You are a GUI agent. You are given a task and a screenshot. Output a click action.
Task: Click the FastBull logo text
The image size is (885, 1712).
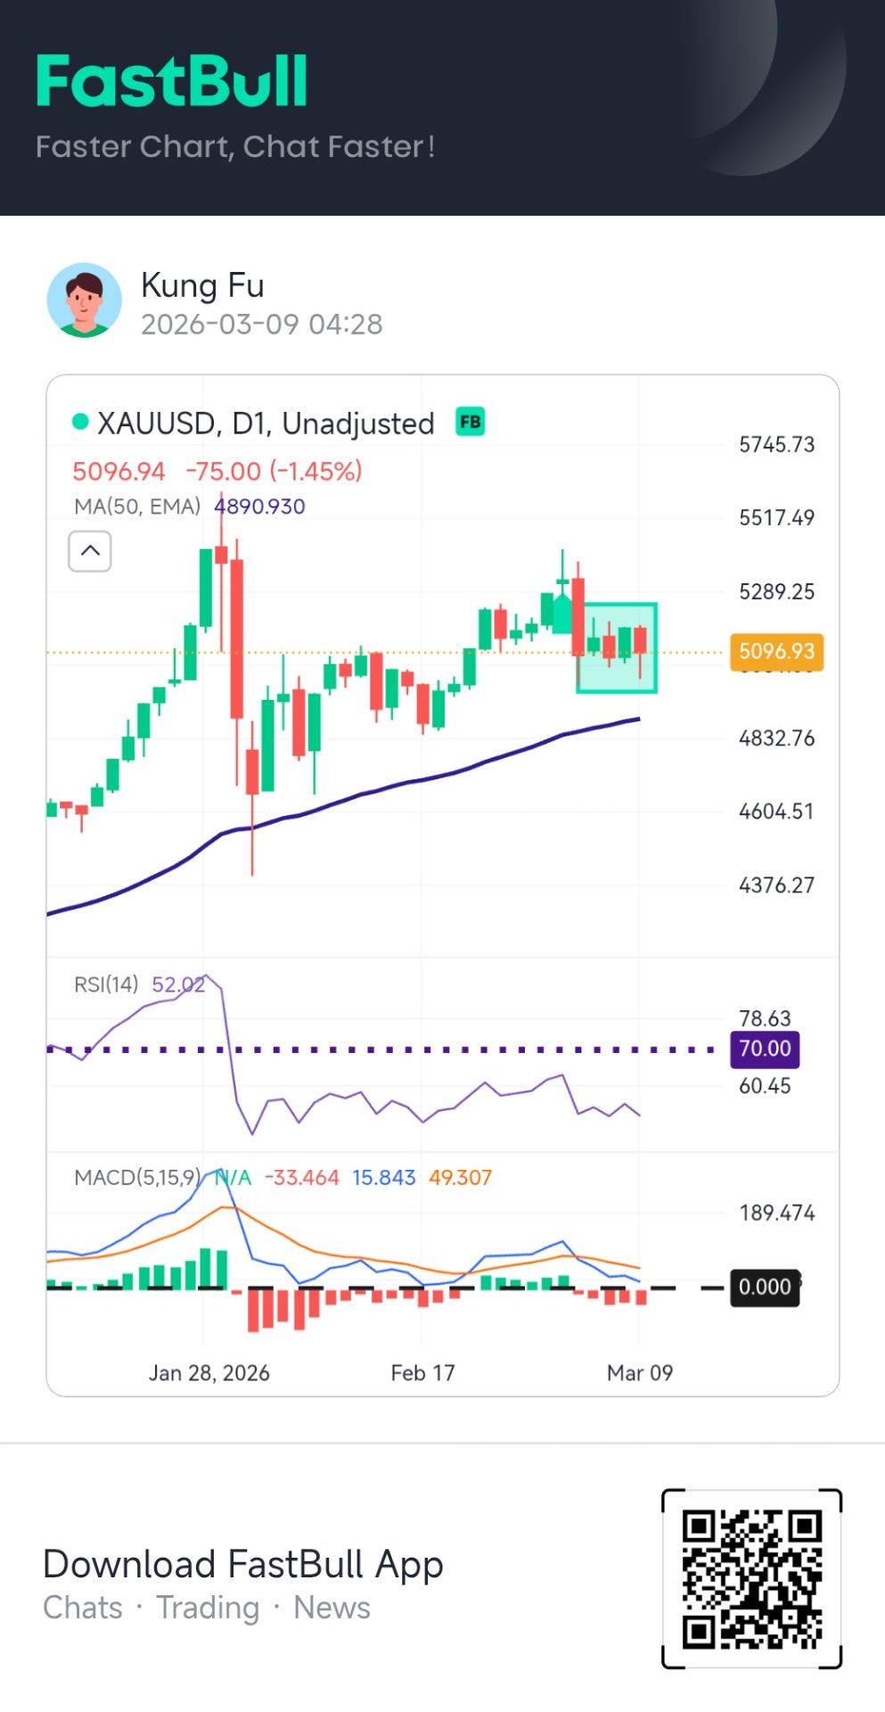point(172,81)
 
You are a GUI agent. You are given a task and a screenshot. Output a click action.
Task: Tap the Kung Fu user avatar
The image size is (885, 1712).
point(84,300)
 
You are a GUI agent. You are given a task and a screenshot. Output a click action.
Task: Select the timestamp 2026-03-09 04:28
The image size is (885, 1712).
point(261,324)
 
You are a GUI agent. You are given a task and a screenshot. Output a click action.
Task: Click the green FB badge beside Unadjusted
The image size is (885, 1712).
point(470,421)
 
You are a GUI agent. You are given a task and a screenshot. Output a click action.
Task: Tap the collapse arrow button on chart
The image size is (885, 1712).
point(90,551)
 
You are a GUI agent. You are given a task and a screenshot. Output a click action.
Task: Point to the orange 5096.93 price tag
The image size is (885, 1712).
point(776,652)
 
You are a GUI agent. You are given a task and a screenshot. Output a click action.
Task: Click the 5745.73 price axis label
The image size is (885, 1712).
point(776,444)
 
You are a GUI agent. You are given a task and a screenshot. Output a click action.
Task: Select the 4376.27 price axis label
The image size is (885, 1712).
point(776,885)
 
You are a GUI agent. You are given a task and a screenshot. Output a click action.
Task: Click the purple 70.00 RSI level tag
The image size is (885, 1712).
point(765,1049)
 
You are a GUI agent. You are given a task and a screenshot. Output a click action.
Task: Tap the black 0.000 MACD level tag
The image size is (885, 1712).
point(765,1287)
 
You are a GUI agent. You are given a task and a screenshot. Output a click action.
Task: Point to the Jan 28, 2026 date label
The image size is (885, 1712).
point(209,1372)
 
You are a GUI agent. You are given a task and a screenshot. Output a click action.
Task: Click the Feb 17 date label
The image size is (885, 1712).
point(422,1372)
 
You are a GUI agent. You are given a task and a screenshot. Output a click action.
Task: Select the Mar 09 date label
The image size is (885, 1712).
point(639,1372)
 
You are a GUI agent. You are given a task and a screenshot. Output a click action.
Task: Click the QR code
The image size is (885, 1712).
point(751,1577)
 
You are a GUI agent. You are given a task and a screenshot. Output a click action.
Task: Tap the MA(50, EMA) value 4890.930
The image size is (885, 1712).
point(259,506)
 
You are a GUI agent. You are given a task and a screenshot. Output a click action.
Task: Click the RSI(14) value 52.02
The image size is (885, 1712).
point(178,984)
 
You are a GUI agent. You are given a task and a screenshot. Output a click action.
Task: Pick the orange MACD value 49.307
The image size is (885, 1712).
point(460,1177)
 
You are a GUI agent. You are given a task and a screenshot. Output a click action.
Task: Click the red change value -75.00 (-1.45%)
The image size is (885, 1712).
point(274,471)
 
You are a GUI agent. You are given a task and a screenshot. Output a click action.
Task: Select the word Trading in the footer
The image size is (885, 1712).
point(208,1608)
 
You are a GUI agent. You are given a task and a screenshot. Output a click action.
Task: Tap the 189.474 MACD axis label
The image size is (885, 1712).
point(776,1213)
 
